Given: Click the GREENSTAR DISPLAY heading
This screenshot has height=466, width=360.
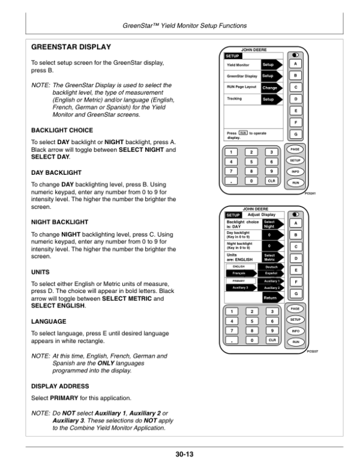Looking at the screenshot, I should (74, 46).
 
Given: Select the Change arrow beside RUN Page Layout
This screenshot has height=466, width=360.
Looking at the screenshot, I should (271, 88).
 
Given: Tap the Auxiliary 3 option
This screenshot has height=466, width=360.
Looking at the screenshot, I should (240, 287).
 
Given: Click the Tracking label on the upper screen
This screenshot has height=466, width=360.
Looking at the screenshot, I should (235, 98).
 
